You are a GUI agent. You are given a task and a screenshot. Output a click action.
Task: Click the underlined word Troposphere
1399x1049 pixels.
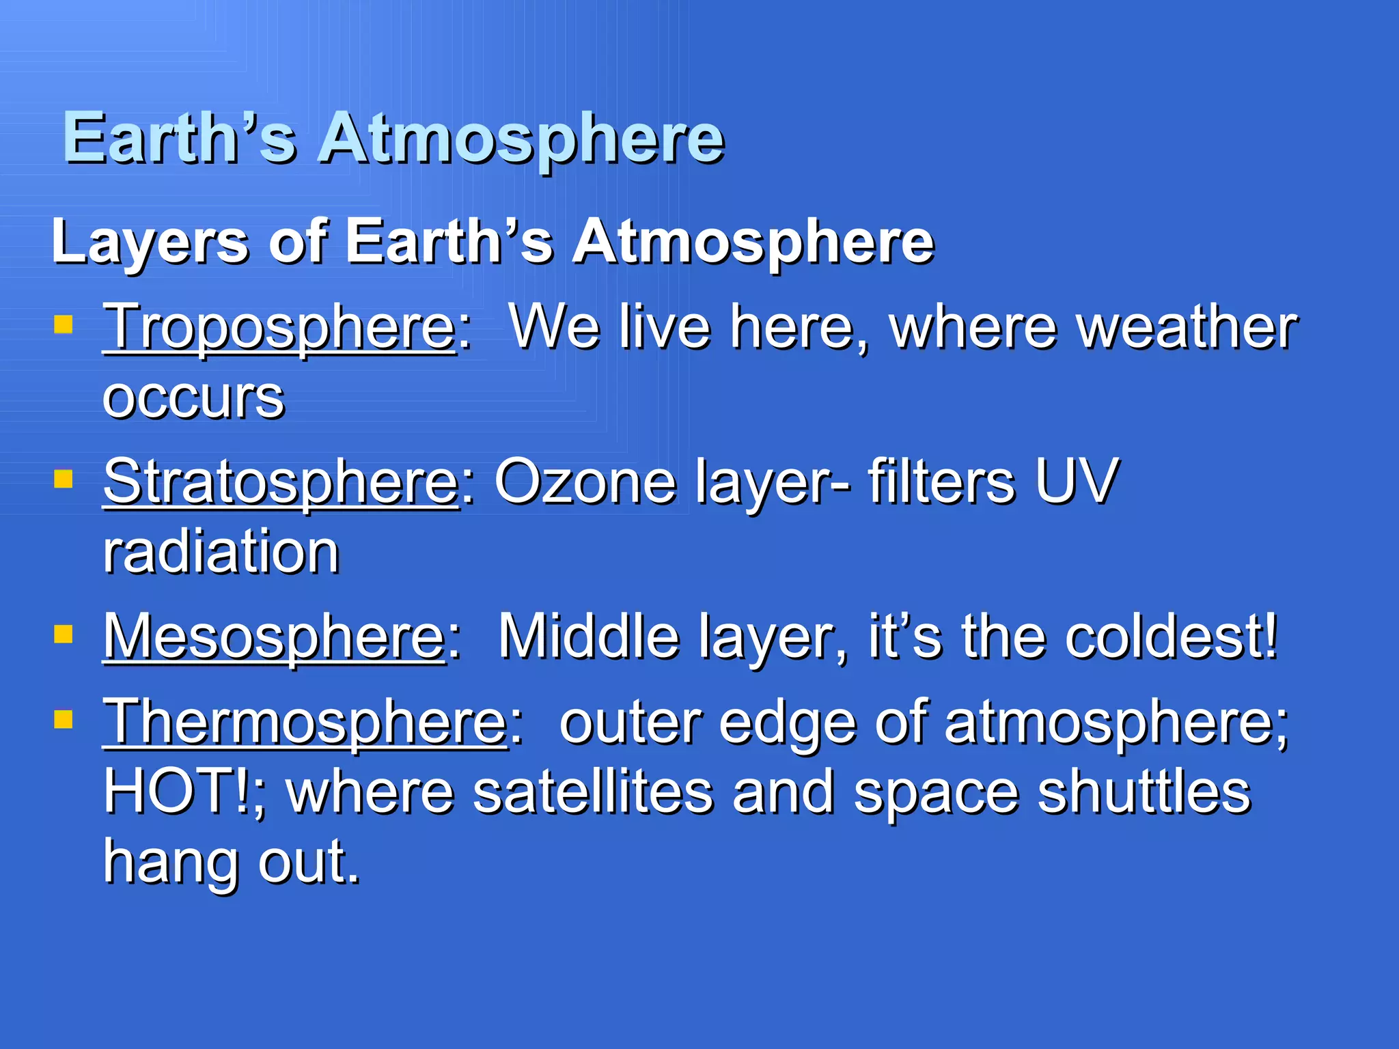(279, 329)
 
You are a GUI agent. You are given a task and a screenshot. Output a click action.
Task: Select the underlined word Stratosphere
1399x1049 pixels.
(281, 483)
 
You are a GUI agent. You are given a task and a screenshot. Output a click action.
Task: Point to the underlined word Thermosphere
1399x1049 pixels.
(305, 723)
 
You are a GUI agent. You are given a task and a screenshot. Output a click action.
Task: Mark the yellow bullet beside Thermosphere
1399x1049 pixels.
(64, 719)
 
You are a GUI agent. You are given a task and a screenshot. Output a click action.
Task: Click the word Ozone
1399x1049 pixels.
(585, 483)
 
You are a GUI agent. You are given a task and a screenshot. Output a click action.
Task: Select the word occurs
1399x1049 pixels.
(193, 399)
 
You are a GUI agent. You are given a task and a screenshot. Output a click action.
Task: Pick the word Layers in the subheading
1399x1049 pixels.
(150, 242)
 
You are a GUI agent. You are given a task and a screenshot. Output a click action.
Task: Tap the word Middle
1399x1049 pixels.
(588, 638)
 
